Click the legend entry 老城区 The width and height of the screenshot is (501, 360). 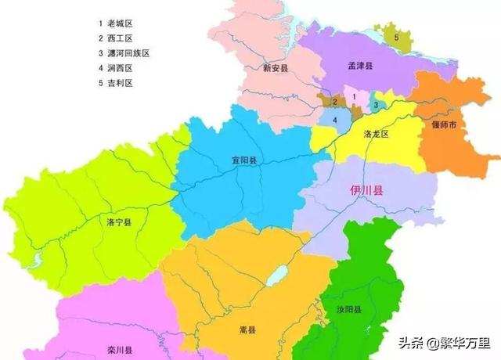tap(115, 23)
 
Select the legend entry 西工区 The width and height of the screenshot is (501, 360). tap(115, 38)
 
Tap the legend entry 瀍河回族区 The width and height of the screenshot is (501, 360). tap(123, 52)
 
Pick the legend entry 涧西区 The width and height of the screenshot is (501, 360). tap(115, 67)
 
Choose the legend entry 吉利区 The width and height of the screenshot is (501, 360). tap(115, 82)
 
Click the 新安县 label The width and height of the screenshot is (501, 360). tap(276, 69)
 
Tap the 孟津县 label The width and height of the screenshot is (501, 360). tap(361, 67)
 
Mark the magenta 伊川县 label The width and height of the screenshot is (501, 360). tap(366, 189)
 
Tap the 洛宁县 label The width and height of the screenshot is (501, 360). tap(119, 222)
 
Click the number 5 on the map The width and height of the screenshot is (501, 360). tap(396, 37)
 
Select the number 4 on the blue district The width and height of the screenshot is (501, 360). tap(335, 121)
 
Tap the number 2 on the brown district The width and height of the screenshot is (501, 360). tap(334, 102)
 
